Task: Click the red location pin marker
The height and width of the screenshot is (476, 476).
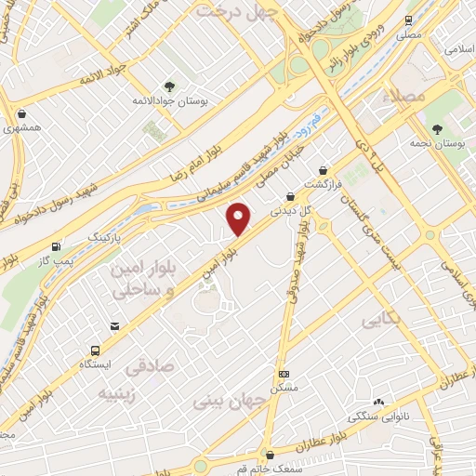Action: pos(240,218)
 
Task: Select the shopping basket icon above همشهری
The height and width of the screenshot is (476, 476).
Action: pos(21,114)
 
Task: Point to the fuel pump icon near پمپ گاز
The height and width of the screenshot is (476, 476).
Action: pos(58,247)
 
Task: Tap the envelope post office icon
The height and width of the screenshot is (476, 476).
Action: pos(114,326)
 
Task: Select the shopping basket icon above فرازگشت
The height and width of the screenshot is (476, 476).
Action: pos(323,171)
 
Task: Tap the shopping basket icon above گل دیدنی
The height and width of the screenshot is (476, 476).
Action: pos(292,197)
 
